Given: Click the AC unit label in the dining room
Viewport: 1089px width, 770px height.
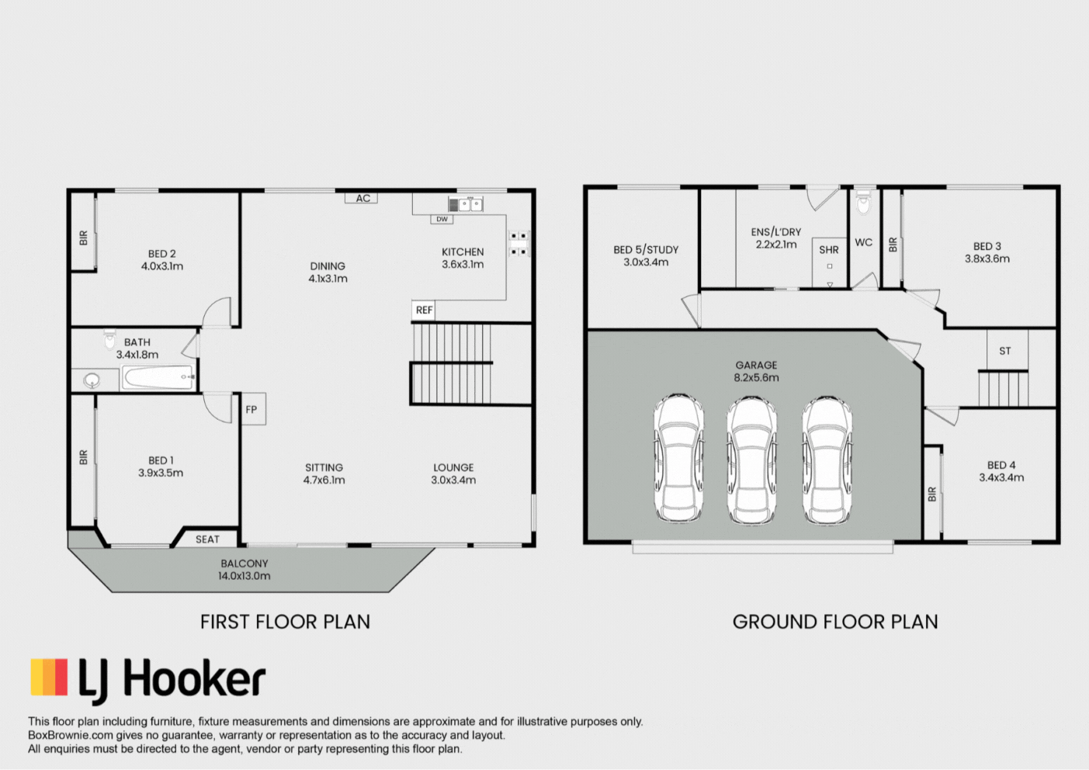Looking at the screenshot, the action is (x=362, y=199).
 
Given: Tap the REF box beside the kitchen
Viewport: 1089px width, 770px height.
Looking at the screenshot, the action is (x=424, y=310).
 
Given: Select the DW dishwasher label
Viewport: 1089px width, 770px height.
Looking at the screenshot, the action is (x=442, y=219).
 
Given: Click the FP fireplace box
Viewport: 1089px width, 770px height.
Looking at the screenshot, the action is (x=253, y=409).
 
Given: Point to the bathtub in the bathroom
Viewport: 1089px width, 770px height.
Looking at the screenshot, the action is (x=158, y=378).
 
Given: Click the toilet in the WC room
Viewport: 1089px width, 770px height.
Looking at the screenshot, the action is (x=863, y=203).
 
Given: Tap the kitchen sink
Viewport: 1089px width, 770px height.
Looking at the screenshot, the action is (x=465, y=205).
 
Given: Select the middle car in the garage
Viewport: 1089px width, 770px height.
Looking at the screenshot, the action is (x=751, y=460).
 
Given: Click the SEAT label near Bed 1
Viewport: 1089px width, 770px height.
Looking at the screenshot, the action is (x=207, y=539).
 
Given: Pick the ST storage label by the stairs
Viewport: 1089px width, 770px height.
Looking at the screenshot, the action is (x=1005, y=351).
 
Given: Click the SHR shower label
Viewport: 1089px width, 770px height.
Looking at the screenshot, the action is (x=829, y=250).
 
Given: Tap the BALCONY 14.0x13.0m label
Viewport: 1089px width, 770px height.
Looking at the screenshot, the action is (x=244, y=570).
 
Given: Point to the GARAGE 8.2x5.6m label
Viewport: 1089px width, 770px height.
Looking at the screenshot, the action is (x=756, y=371).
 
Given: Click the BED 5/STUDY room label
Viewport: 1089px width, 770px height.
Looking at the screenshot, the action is (x=646, y=256).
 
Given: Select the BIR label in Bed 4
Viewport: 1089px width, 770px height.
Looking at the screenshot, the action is (x=932, y=494).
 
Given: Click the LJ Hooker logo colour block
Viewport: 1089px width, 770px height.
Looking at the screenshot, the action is (x=49, y=677).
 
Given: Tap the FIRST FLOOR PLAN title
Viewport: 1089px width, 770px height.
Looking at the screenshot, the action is (x=286, y=623).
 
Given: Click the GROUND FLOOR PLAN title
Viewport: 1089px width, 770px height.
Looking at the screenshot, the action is (x=835, y=623).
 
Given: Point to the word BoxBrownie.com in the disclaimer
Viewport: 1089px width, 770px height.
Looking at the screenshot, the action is (x=71, y=735).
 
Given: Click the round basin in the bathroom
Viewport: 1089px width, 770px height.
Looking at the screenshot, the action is (x=91, y=380).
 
